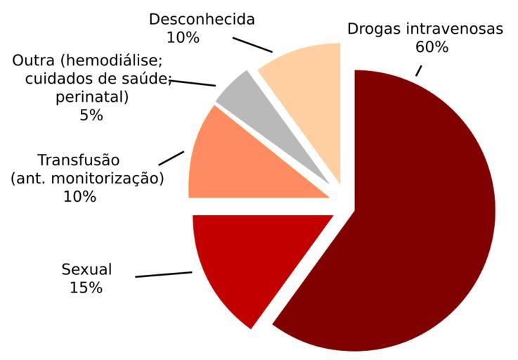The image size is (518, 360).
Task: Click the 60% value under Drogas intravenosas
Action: click(432, 48)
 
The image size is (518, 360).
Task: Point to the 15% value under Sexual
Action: click(86, 288)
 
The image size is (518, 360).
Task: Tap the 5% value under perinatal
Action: click(91, 115)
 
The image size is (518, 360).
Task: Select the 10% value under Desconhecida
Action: click(183, 37)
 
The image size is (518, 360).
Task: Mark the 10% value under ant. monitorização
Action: click(80, 196)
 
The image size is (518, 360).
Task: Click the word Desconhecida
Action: click(202, 19)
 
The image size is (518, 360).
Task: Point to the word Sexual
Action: click(86, 269)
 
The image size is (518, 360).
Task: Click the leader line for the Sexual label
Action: click(164, 274)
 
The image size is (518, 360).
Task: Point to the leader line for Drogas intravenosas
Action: click(419, 70)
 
